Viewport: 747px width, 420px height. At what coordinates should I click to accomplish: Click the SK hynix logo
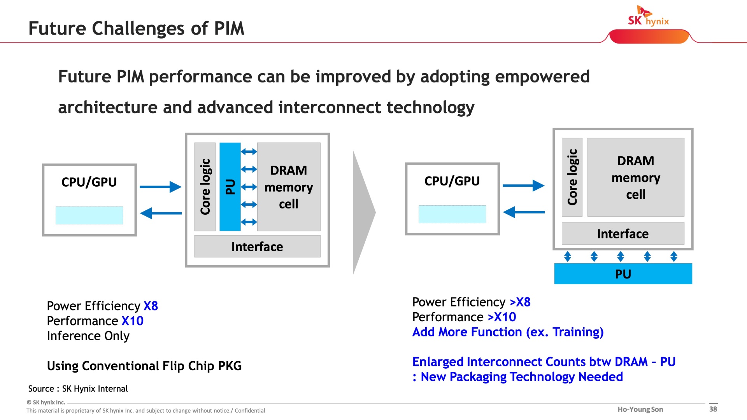648,16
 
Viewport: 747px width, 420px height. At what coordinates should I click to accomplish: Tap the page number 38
713,409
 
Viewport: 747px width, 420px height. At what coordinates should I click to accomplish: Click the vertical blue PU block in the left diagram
230,187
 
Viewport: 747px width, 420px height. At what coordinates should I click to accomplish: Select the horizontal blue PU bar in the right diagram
623,274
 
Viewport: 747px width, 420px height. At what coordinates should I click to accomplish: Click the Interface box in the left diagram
257,246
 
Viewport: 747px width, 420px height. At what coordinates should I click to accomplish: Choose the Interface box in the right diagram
623,233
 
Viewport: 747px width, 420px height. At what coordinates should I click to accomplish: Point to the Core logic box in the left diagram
205,187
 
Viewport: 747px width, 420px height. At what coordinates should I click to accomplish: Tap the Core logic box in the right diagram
572,177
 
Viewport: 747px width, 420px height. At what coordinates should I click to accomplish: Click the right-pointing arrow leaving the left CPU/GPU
160,187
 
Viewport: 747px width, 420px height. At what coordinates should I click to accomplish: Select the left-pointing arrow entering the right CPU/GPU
524,212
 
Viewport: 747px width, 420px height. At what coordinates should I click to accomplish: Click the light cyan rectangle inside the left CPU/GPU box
89,215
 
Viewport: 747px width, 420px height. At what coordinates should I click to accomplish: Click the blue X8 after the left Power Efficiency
151,306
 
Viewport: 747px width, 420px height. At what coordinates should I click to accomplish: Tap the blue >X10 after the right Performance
502,317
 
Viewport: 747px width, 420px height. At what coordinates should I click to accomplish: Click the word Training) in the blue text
578,332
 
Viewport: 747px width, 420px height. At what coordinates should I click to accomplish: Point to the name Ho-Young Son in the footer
640,409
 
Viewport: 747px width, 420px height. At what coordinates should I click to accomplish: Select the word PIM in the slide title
229,28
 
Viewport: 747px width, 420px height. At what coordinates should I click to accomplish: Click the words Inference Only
88,336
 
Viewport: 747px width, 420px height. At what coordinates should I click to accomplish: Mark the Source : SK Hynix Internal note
78,389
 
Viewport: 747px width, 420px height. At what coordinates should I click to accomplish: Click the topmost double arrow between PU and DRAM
249,152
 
